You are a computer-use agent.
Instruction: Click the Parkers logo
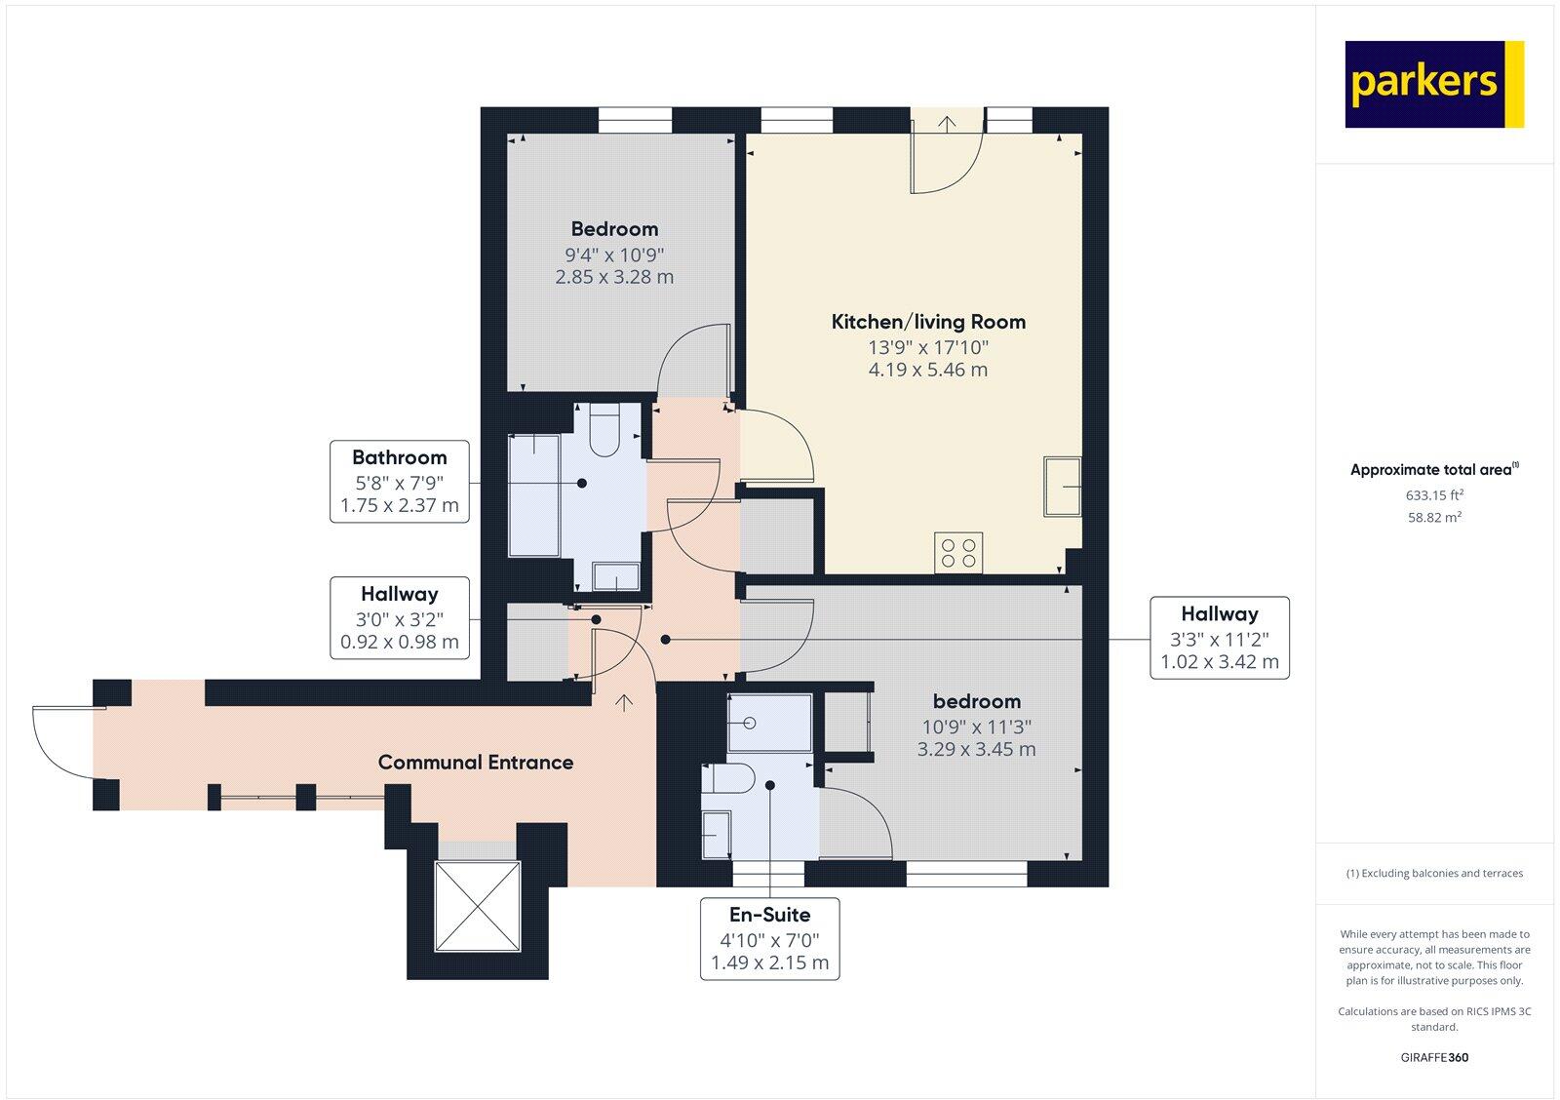coord(1433,84)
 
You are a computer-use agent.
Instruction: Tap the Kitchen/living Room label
coord(928,322)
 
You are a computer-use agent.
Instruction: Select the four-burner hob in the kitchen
coord(957,552)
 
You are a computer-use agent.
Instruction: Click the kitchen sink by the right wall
coord(1062,485)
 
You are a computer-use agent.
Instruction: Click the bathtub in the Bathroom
coord(534,495)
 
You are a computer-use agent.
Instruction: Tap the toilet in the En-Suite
coord(729,779)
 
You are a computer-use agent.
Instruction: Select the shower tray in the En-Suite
coord(770,723)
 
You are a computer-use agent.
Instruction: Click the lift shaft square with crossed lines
coord(478,906)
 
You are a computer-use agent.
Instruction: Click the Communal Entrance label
coord(476,763)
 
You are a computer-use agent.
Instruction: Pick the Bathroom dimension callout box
coord(400,482)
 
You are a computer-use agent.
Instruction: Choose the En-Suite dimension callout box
coord(770,938)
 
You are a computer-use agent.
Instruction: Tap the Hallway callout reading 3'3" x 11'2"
coord(1219,638)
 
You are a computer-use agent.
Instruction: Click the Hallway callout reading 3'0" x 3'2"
coord(400,618)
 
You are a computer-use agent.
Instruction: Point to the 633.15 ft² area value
coord(1433,495)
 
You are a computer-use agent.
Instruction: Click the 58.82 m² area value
coord(1433,518)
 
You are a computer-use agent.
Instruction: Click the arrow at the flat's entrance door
coord(624,702)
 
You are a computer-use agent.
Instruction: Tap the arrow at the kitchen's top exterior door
coord(947,123)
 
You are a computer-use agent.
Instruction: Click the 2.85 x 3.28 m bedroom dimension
coord(614,277)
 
